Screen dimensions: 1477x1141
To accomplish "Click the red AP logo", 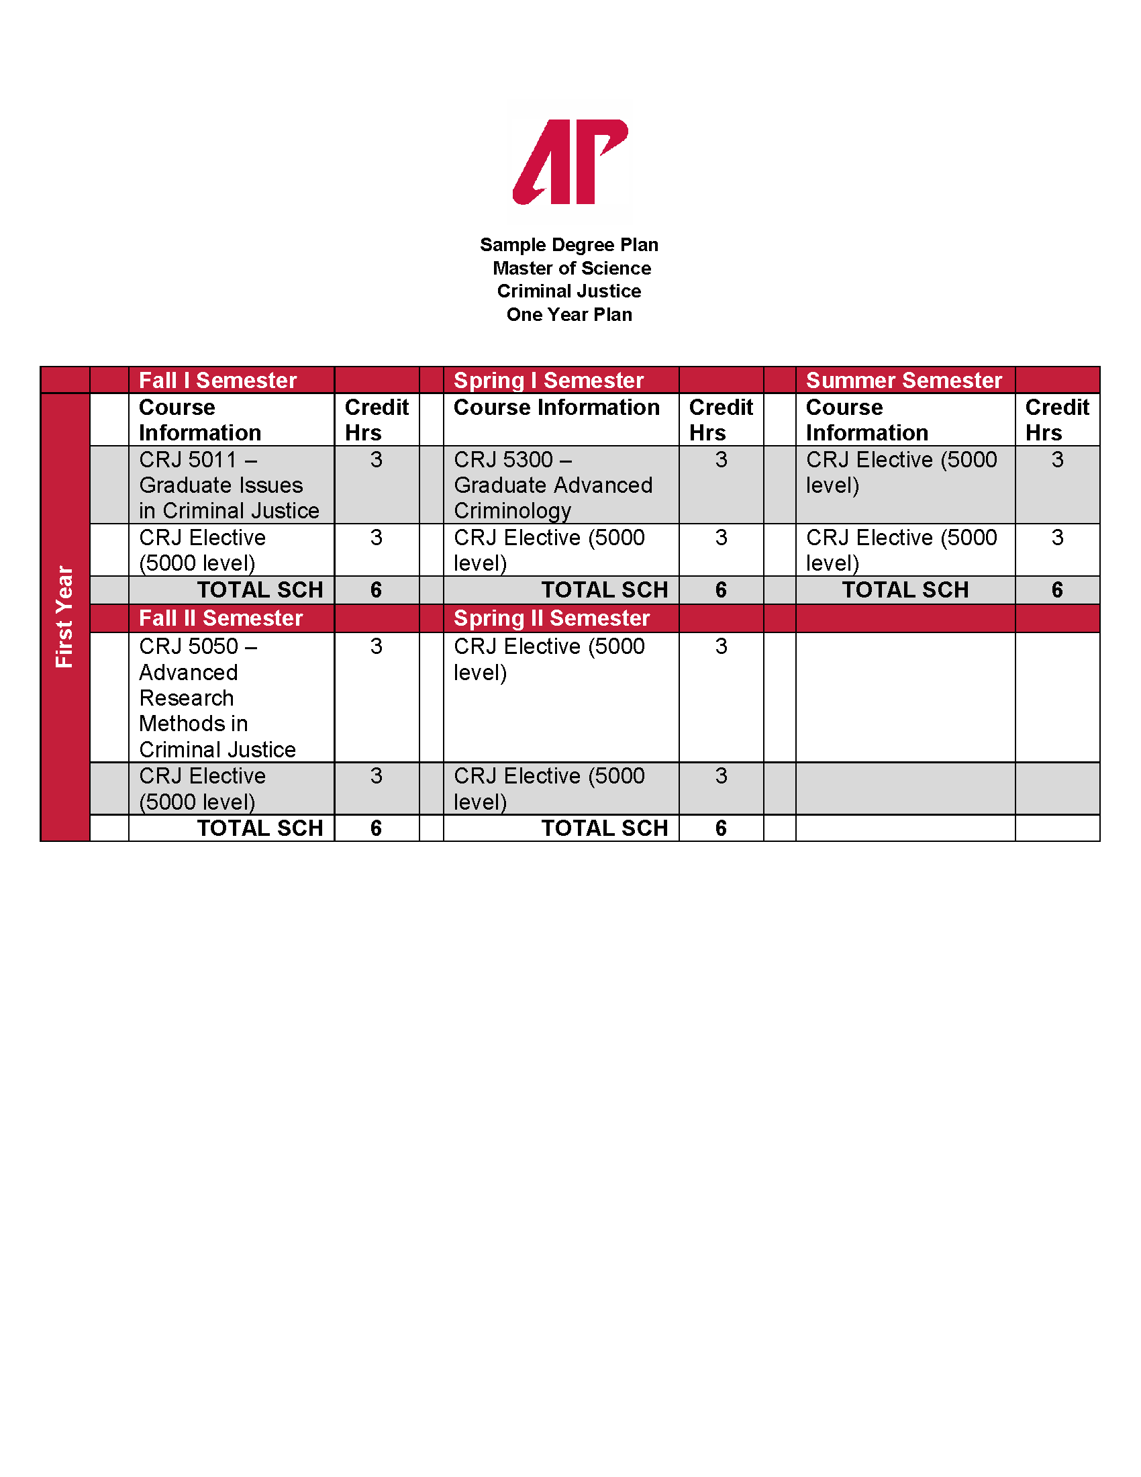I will coord(570,162).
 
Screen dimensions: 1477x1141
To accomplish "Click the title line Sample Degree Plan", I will coord(569,245).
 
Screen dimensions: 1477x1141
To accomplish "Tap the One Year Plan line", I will coord(569,314).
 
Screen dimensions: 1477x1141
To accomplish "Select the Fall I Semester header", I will coord(217,380).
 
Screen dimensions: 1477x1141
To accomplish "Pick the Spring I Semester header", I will coord(548,380).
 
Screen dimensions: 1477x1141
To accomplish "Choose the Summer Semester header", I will coord(904,380).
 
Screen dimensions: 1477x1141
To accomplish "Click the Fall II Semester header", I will coord(221,618).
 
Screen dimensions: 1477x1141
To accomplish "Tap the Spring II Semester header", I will coord(552,618).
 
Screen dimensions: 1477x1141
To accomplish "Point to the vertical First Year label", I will coord(64,617).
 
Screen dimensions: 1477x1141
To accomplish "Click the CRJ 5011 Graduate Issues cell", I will coord(228,485).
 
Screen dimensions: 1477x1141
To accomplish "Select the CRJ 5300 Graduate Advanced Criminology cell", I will coord(553,485).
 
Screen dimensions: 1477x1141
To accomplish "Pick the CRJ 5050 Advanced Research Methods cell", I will coord(217,698).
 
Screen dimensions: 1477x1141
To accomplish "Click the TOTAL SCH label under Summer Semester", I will coord(905,589).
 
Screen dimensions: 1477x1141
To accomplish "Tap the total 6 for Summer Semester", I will coord(1057,589).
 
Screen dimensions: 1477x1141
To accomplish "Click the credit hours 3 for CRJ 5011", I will coord(377,460).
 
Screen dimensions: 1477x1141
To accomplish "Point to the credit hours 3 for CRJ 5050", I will coord(377,647).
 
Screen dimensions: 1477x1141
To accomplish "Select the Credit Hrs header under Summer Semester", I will coord(1056,420).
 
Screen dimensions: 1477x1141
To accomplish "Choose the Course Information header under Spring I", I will coord(556,407).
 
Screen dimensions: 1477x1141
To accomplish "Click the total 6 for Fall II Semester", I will coord(377,828).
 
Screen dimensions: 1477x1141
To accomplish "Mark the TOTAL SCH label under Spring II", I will coord(604,828).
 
